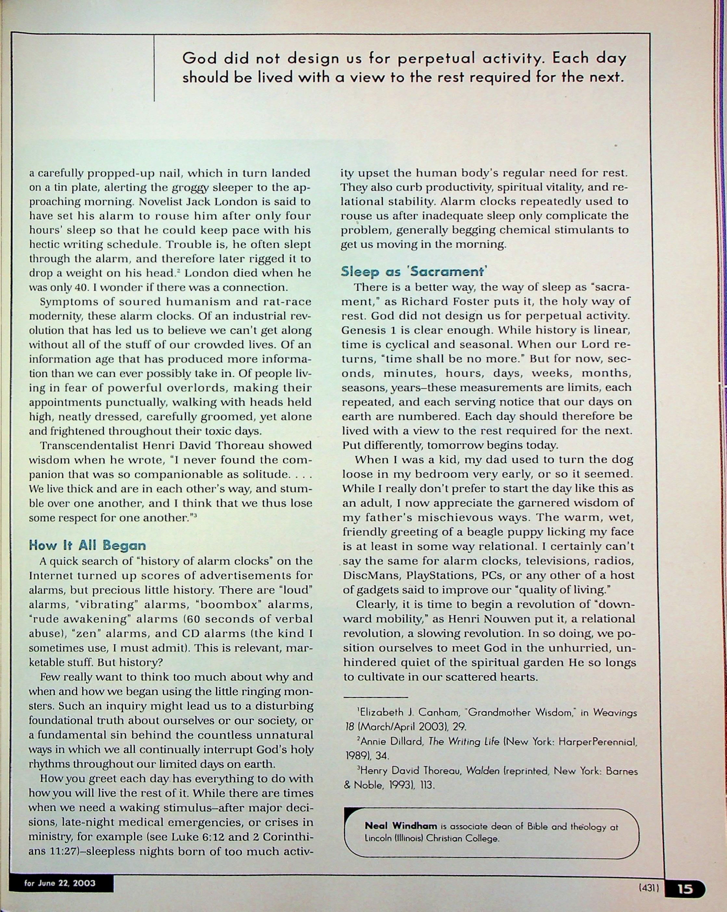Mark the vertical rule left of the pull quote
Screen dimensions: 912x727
tap(154, 68)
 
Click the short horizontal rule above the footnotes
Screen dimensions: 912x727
tap(375, 696)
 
